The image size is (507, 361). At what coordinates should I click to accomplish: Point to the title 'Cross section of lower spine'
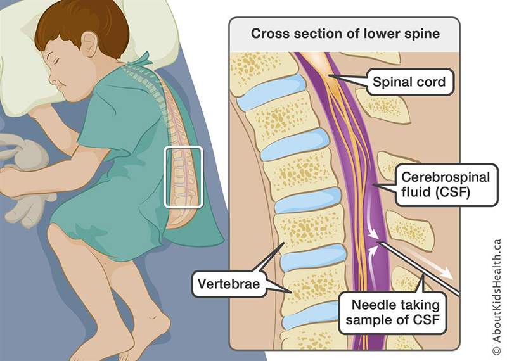tap(345, 34)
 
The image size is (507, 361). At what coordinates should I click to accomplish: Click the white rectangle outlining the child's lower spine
tap(183, 177)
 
